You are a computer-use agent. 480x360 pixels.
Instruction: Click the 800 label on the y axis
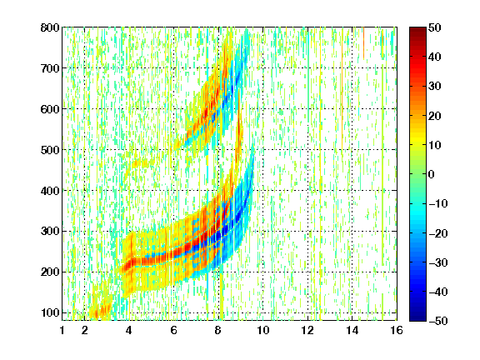coord(50,27)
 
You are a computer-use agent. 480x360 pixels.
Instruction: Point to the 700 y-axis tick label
coord(50,68)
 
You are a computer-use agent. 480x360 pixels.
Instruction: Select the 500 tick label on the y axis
coord(50,150)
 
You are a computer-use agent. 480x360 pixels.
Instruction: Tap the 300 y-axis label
coord(50,231)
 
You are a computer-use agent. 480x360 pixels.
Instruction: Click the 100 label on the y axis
coord(50,312)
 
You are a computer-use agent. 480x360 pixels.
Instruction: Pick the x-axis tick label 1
coord(62,330)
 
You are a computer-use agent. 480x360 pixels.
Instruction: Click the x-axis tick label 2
coord(85,330)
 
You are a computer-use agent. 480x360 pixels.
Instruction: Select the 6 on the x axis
coord(174,330)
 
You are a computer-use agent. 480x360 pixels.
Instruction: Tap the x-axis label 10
coord(263,330)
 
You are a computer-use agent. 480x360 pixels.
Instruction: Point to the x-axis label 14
coord(352,330)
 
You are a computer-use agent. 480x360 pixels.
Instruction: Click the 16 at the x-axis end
coord(397,330)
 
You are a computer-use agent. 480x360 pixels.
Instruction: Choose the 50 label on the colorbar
coord(435,27)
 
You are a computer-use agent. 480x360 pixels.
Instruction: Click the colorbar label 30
coord(435,86)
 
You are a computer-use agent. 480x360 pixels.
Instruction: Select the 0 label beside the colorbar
coord(432,174)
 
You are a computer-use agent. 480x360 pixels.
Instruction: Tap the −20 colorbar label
coord(437,233)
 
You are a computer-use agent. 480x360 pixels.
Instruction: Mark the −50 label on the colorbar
coord(437,321)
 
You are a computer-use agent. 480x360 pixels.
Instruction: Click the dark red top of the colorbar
coord(417,31)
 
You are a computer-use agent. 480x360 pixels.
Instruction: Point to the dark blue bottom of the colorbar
coord(417,317)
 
